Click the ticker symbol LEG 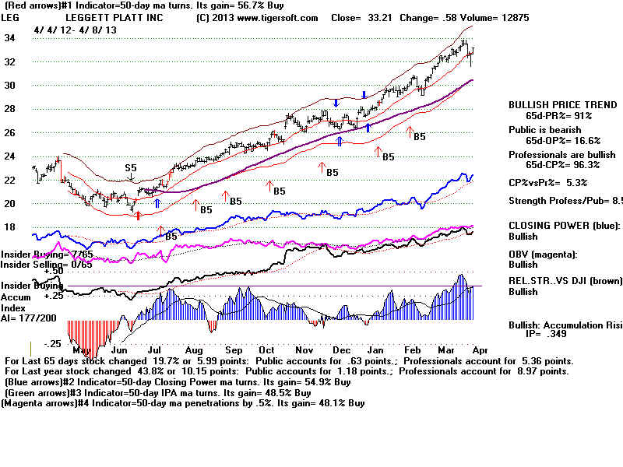pyautogui.click(x=11, y=17)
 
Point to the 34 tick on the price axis pyautogui.click(x=9, y=37)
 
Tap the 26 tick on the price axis pyautogui.click(x=9, y=133)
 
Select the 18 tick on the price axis pyautogui.click(x=9, y=227)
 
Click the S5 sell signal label pyautogui.click(x=132, y=167)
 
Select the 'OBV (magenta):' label pyautogui.click(x=544, y=255)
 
